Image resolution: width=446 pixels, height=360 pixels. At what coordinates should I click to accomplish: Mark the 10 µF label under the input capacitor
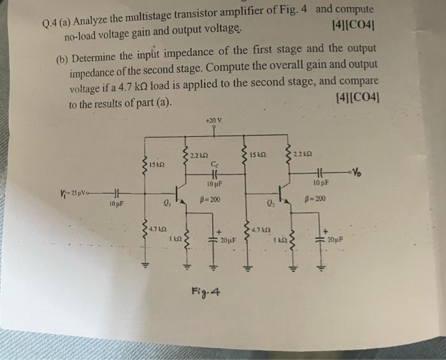[x=116, y=205]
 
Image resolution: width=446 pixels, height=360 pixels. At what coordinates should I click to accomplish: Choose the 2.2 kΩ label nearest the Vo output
[x=303, y=154]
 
